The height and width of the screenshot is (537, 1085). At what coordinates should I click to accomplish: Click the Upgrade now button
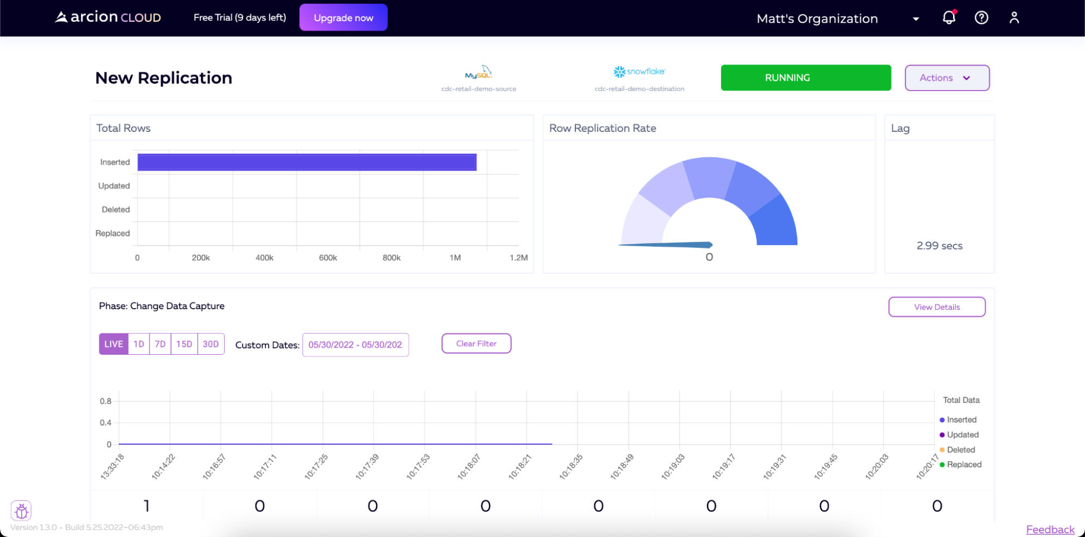tap(343, 18)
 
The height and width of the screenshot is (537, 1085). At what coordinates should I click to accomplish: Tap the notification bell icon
tap(948, 18)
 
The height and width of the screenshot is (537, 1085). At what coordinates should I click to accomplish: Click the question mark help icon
tap(981, 18)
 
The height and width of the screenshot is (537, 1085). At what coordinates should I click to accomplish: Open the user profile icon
tap(1014, 18)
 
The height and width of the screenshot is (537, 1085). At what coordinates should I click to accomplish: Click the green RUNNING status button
tap(805, 78)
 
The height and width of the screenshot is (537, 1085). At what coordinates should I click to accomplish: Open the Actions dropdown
tap(947, 78)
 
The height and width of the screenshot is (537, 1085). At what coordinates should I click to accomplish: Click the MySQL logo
tap(478, 73)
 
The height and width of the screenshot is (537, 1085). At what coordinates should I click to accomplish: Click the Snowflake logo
tap(639, 72)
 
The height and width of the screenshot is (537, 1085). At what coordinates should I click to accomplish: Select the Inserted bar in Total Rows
tap(307, 162)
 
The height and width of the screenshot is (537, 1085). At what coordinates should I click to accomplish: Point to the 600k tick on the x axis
tap(328, 258)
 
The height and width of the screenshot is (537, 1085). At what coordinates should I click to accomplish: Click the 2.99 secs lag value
tap(939, 246)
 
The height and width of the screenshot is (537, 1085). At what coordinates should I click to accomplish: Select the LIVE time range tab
tap(113, 344)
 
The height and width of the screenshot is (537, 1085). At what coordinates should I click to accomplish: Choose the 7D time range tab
tap(160, 344)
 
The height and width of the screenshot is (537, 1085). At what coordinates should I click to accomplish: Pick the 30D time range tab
tap(211, 344)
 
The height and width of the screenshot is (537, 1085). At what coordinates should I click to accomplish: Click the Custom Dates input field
tap(355, 345)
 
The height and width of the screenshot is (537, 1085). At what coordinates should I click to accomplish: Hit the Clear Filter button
tap(476, 343)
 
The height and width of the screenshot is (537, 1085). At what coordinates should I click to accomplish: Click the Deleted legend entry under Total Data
tap(960, 450)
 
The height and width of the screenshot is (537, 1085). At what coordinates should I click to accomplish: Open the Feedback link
tap(1050, 529)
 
